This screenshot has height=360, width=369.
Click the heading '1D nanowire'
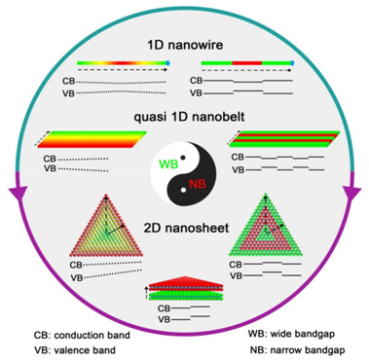[x=185, y=45]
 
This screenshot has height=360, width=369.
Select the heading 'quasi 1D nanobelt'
[x=189, y=117]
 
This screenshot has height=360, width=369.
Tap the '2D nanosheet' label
[x=186, y=228]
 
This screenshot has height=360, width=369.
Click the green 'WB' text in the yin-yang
[x=168, y=164]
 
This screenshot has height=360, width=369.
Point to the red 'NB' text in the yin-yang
[x=198, y=184]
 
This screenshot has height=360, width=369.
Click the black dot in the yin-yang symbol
[x=183, y=158]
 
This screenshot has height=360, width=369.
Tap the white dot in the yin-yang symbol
[x=184, y=190]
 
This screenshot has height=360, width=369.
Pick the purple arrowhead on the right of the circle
[x=352, y=193]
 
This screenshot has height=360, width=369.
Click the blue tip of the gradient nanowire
[x=167, y=62]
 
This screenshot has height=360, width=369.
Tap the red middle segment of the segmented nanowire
[x=247, y=62]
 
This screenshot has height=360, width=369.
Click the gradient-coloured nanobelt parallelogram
[x=92, y=139]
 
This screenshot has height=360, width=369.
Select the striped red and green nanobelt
[x=284, y=139]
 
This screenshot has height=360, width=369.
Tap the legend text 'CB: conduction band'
[x=82, y=335]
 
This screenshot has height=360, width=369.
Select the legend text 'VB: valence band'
[x=75, y=350]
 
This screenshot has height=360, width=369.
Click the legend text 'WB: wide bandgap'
[x=291, y=334]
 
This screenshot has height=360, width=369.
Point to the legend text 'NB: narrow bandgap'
[x=298, y=350]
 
